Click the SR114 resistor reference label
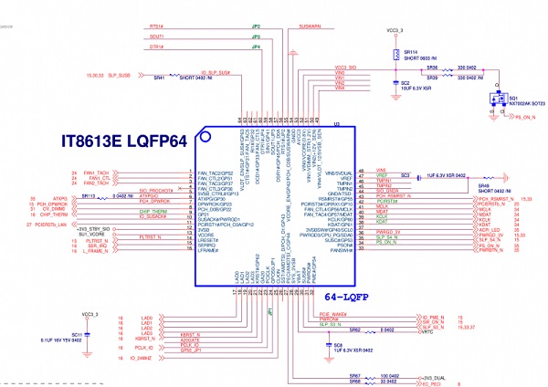coord(410,53)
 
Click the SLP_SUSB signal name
coord(120,76)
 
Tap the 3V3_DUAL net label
coord(432,376)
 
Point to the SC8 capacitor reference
coord(312,344)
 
